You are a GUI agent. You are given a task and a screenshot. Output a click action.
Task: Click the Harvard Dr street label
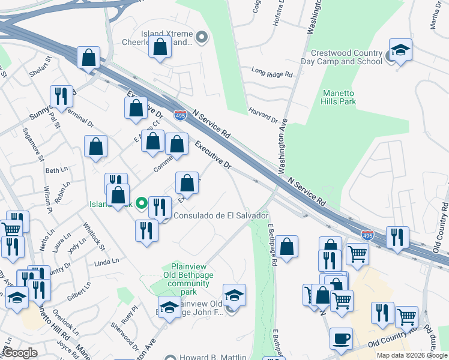(x=264, y=116)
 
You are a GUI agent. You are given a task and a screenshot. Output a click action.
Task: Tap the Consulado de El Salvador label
(x=220, y=215)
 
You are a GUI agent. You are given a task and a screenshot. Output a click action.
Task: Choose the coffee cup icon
(x=342, y=338)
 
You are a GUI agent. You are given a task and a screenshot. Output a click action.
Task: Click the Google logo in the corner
(x=20, y=353)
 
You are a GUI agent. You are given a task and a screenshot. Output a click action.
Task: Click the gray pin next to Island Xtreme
(x=202, y=38)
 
